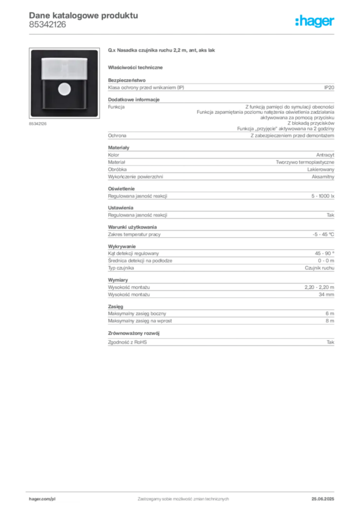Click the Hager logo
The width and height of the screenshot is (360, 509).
(x=314, y=21)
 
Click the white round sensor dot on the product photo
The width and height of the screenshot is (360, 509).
(x=64, y=89)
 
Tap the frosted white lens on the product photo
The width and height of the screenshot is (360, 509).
(x=64, y=69)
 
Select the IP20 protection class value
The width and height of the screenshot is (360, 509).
(x=329, y=87)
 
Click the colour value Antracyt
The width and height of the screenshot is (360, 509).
(x=325, y=155)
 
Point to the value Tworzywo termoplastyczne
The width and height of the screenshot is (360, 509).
(x=305, y=163)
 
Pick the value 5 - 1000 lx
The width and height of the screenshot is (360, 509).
(x=323, y=196)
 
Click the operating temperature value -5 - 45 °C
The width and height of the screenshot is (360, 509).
(x=323, y=235)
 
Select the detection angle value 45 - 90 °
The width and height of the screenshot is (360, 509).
(x=324, y=254)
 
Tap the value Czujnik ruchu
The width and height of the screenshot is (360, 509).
(x=319, y=268)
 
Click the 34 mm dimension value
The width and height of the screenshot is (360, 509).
(x=326, y=295)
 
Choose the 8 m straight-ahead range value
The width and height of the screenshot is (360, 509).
(x=330, y=321)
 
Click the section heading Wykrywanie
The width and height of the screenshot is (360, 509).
(x=122, y=247)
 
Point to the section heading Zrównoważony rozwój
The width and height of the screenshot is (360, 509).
(x=134, y=334)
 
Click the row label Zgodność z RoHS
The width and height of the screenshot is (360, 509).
(x=127, y=342)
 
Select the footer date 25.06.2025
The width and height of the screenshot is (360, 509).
(x=323, y=499)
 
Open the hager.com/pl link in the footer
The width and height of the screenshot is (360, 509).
(x=42, y=499)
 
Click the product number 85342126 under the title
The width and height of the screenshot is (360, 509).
(x=47, y=25)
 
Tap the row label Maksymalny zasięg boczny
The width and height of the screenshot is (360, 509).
(x=137, y=314)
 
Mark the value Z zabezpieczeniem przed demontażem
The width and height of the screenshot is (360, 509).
(x=292, y=136)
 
